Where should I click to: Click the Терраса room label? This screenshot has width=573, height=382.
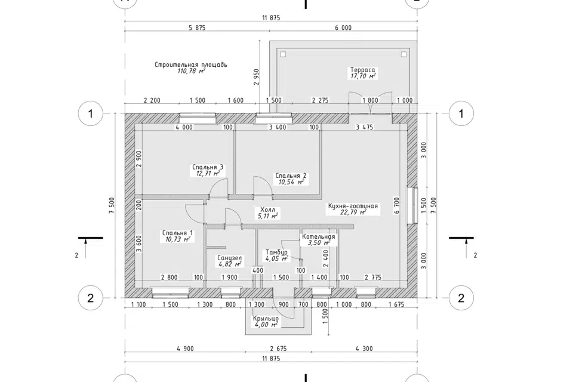(x=362, y=70)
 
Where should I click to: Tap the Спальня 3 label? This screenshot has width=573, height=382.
(x=208, y=167)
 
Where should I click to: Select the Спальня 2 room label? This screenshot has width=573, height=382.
(x=291, y=176)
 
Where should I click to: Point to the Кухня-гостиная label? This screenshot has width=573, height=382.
(x=353, y=206)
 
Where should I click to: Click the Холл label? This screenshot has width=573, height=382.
(x=267, y=210)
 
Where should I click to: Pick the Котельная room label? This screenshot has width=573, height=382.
(x=318, y=236)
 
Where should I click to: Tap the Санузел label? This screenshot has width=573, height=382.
(x=229, y=258)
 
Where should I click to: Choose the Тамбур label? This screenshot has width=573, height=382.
(x=276, y=252)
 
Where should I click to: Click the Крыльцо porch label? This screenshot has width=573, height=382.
(x=266, y=318)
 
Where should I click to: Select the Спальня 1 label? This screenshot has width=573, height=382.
(x=177, y=233)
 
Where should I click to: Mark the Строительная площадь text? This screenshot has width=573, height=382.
(x=191, y=64)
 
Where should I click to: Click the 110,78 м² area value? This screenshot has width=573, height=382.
(x=191, y=71)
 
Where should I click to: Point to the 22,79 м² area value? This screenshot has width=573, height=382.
(x=353, y=212)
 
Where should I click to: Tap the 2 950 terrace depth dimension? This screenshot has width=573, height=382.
(x=256, y=77)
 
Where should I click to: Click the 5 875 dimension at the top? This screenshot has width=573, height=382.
(x=198, y=28)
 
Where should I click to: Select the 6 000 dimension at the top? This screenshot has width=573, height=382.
(x=343, y=28)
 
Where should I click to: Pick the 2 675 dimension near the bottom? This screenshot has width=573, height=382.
(x=279, y=349)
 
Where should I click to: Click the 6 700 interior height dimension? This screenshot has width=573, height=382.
(x=397, y=205)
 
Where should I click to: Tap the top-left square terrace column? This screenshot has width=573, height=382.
(x=283, y=54)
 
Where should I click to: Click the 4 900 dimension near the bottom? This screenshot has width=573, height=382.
(x=185, y=349)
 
